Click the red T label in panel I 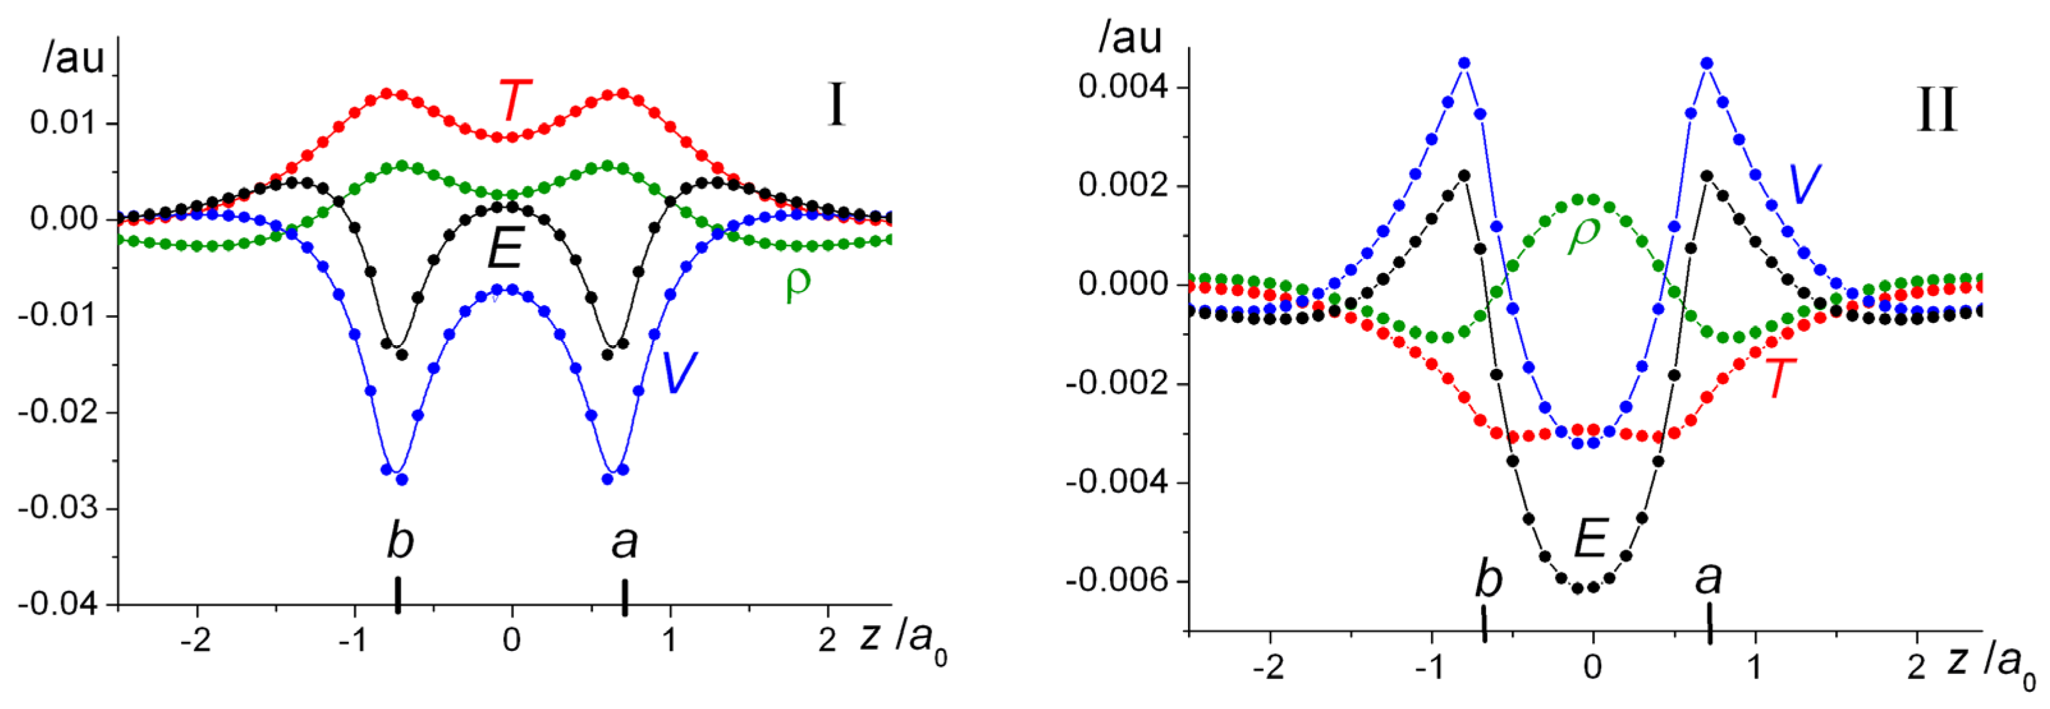pyautogui.click(x=514, y=100)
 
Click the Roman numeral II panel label pyautogui.click(x=1936, y=111)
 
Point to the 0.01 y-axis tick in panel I pyautogui.click(x=62, y=123)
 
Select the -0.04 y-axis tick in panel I pyautogui.click(x=58, y=605)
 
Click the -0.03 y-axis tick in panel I pyautogui.click(x=58, y=508)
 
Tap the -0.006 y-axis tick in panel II pyautogui.click(x=1117, y=581)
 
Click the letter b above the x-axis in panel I pyautogui.click(x=400, y=542)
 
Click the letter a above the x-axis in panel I pyautogui.click(x=625, y=542)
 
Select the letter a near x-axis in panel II pyautogui.click(x=1708, y=578)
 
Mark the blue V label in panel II pyautogui.click(x=1803, y=185)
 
